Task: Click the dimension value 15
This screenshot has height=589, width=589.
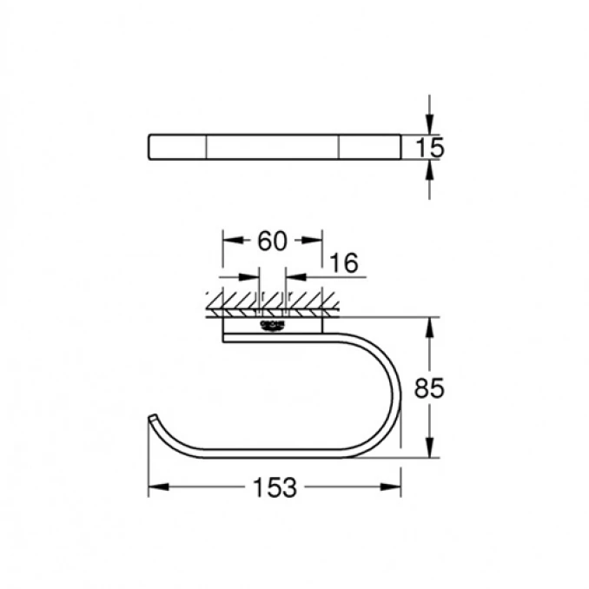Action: [429, 148]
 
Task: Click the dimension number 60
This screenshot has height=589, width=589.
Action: [272, 242]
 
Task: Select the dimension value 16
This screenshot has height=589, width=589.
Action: [345, 263]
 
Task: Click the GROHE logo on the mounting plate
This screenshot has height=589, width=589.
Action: [271, 325]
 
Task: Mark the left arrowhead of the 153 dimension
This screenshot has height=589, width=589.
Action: [155, 488]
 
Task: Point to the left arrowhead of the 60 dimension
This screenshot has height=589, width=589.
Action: [229, 242]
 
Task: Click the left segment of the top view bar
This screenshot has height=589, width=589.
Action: [177, 147]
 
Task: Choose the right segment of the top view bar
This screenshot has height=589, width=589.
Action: [369, 147]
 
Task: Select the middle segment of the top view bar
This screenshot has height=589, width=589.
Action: [272, 147]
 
